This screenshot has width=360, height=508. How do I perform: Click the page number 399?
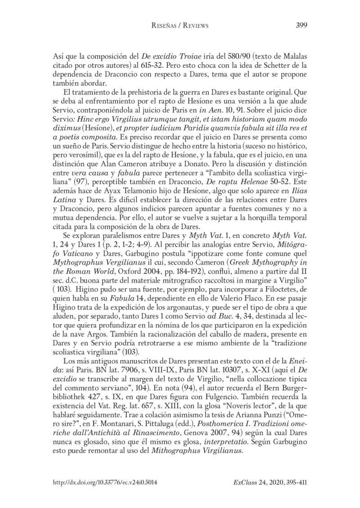point(301,26)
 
